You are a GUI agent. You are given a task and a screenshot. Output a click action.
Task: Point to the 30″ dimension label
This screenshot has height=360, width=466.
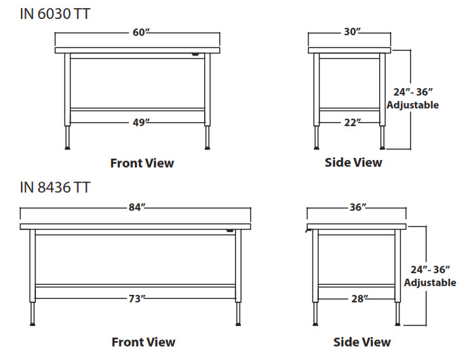(349, 32)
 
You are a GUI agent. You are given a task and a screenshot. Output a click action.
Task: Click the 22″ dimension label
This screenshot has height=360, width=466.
(350, 122)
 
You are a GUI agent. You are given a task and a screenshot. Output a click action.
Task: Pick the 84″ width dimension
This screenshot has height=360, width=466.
(136, 207)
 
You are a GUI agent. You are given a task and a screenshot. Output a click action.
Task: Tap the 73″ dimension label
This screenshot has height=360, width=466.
(136, 298)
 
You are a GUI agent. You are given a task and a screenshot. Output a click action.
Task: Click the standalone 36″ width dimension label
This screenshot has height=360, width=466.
(356, 207)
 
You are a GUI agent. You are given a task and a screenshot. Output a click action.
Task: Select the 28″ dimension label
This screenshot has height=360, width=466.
(357, 298)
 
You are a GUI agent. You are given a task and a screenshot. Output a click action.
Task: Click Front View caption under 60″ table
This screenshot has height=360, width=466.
(142, 163)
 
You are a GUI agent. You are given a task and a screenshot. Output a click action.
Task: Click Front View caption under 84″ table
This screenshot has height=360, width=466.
(143, 342)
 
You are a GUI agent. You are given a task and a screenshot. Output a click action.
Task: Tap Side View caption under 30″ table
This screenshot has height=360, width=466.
(353, 163)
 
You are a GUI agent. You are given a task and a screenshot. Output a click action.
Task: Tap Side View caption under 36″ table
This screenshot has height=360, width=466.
(362, 342)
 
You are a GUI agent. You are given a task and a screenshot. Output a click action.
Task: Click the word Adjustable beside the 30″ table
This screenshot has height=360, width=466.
(413, 105)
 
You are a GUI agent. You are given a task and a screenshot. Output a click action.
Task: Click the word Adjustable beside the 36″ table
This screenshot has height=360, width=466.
(430, 283)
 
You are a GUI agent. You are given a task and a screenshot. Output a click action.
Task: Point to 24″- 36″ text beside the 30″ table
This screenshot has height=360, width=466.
(413, 92)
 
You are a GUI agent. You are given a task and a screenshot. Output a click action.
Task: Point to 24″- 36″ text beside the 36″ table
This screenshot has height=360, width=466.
(430, 269)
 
